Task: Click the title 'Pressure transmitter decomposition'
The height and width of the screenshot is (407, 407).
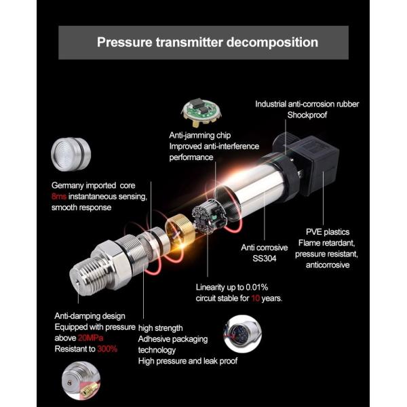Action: pos(207,42)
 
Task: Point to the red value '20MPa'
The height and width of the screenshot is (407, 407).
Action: pos(91,337)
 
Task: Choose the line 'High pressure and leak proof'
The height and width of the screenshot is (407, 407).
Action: pos(188,361)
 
